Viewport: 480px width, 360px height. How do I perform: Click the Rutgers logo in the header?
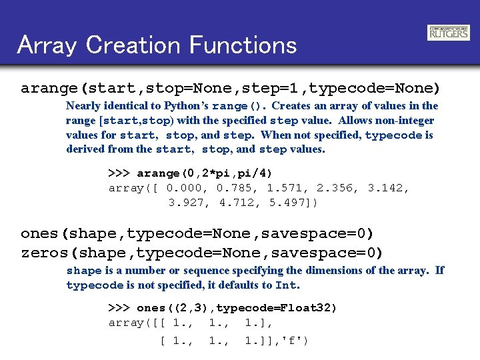pyautogui.click(x=448, y=33)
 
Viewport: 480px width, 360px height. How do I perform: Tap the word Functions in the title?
pyautogui.click(x=243, y=45)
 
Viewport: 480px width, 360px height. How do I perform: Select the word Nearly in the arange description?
pyautogui.click(x=83, y=105)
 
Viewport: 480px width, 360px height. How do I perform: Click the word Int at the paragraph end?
pyautogui.click(x=286, y=285)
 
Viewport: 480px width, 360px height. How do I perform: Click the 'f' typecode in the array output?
pyautogui.click(x=293, y=341)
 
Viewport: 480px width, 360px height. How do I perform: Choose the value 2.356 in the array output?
pyautogui.click(x=333, y=188)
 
